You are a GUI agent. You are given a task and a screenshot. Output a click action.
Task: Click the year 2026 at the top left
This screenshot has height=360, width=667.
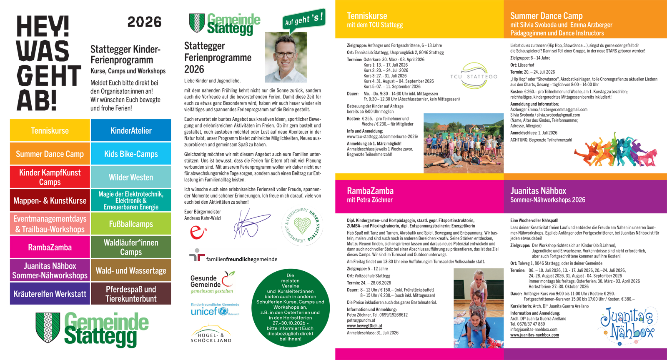144,22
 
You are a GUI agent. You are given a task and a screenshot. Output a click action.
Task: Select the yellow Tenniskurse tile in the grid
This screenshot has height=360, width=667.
50,130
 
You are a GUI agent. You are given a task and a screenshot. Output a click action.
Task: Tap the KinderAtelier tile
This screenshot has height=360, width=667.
131,130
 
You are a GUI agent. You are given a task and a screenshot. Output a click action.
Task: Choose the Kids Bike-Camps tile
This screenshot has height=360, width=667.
131,154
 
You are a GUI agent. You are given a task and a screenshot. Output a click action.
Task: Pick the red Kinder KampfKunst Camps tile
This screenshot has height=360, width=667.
50,177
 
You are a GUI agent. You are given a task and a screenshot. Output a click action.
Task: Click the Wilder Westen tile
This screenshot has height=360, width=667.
131,177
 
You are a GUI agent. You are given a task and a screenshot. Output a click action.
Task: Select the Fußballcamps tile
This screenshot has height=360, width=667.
131,224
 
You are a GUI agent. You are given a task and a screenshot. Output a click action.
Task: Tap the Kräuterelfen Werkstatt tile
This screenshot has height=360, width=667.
50,294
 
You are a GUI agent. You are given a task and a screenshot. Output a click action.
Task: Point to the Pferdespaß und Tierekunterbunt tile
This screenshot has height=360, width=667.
131,294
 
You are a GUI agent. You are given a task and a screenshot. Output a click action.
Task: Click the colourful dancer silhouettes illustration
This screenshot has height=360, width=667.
615,150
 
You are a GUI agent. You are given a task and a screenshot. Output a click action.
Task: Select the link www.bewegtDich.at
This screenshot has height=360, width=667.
364,326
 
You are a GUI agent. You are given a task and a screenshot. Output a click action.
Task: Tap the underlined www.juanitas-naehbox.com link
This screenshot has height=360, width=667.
534,335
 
